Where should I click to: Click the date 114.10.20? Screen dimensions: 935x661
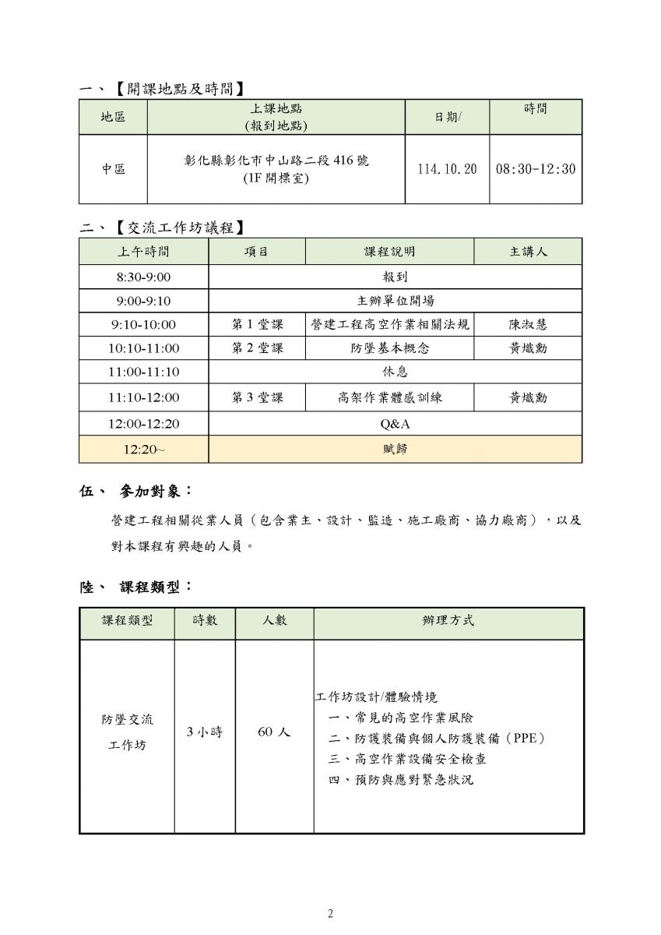[447, 169]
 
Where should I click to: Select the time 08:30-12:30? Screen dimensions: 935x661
[536, 169]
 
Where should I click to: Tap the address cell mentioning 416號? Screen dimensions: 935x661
[276, 169]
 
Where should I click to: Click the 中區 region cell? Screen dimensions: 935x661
[113, 169]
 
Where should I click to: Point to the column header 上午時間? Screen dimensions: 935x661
[143, 252]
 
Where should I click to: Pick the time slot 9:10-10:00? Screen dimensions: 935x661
[143, 324]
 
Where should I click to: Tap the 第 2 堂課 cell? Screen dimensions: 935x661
[257, 348]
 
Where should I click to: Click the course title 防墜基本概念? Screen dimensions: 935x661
[389, 348]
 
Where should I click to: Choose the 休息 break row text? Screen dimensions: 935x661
[395, 372]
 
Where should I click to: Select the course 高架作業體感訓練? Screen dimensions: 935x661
[389, 397]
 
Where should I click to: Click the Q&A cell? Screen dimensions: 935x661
[395, 424]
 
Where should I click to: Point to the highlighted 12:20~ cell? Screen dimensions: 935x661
[143, 449]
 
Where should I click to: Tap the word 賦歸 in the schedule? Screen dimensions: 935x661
[395, 449]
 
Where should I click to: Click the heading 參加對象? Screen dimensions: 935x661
[155, 492]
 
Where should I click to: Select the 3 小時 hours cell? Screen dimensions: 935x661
[205, 732]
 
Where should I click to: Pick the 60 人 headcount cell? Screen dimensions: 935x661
[274, 732]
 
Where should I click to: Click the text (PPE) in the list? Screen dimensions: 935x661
[522, 737]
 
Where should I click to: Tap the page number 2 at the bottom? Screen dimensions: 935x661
[330, 914]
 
